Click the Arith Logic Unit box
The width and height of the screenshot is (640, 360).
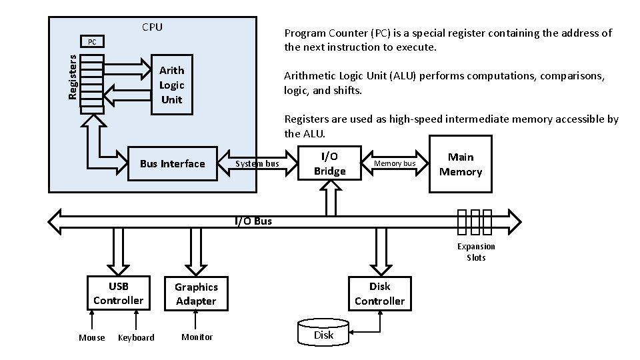click(x=171, y=85)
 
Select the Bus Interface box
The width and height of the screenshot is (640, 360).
click(x=172, y=164)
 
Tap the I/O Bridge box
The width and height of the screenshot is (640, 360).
click(x=329, y=164)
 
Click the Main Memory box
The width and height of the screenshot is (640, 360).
click(x=460, y=164)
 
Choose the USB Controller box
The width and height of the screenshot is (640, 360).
click(x=118, y=293)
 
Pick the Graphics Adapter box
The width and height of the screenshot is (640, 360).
click(x=196, y=293)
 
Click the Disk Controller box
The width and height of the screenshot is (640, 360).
click(x=379, y=293)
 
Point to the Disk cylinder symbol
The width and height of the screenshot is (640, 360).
click(x=323, y=332)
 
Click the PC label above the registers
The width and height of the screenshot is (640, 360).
click(x=92, y=42)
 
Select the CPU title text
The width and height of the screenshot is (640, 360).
click(x=152, y=27)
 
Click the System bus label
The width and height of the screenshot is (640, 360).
click(x=258, y=164)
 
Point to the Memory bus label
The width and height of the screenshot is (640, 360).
click(x=395, y=163)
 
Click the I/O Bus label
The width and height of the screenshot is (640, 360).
click(x=253, y=221)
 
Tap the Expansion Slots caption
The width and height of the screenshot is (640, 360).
click(x=476, y=252)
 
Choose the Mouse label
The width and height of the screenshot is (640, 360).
click(x=92, y=337)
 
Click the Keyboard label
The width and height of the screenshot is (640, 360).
click(x=136, y=337)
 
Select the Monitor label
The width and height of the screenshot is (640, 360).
click(x=197, y=337)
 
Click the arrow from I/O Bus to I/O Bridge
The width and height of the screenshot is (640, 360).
click(x=330, y=198)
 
